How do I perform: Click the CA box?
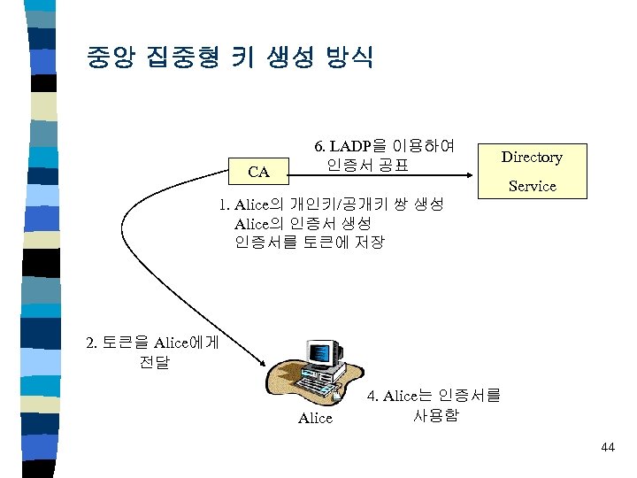[258, 170]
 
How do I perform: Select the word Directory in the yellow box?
[532, 157]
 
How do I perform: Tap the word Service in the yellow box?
[532, 186]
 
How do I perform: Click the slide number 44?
[607, 448]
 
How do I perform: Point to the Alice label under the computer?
[315, 418]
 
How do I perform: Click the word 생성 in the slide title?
[270, 58]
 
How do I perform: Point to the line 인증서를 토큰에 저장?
[310, 242]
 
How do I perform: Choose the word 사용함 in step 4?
[435, 414]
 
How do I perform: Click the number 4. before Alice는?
[372, 396]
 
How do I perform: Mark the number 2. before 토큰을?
[93, 343]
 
